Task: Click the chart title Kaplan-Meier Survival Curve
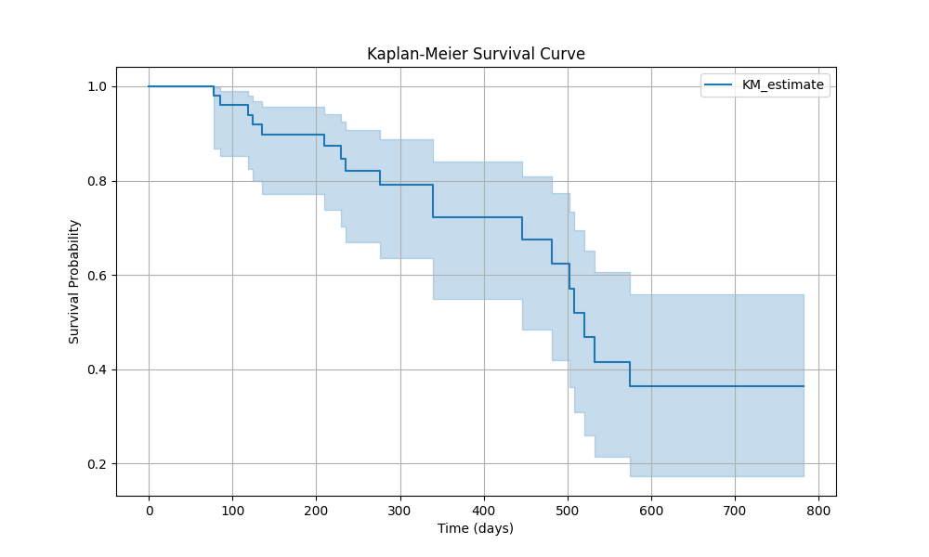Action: (x=476, y=54)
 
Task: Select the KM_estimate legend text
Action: (x=782, y=84)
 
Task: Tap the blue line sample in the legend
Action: (x=718, y=84)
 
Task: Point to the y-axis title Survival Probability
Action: (x=74, y=281)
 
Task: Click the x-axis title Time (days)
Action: (x=476, y=528)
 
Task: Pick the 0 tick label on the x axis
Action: (x=149, y=510)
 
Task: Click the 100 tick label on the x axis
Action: (x=232, y=510)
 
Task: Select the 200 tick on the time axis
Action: (x=316, y=510)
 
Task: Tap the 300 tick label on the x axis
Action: (x=399, y=510)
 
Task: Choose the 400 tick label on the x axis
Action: (x=484, y=510)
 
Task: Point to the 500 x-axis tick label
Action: (x=568, y=510)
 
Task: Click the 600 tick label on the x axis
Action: (x=651, y=510)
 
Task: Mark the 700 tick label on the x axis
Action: (x=735, y=510)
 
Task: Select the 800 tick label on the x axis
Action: (x=818, y=510)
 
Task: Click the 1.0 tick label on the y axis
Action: (x=97, y=86)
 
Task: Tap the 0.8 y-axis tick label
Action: (x=97, y=181)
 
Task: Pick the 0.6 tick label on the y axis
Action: (x=97, y=275)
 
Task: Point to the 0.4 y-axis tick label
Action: (x=97, y=369)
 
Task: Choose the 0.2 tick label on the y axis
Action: (x=97, y=464)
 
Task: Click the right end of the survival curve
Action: (x=803, y=386)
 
